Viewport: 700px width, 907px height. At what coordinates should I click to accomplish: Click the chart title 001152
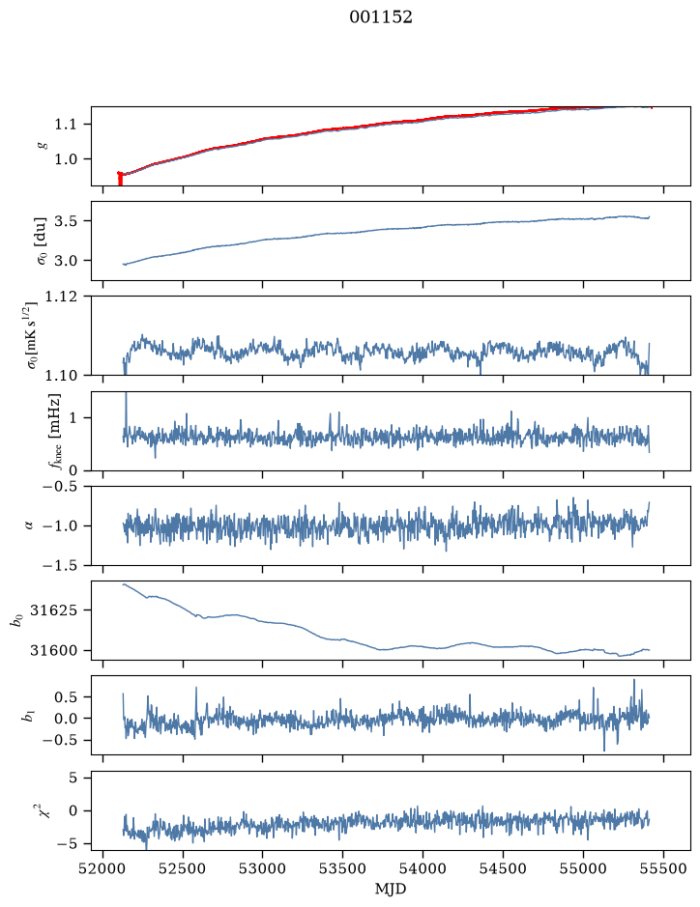pyautogui.click(x=380, y=17)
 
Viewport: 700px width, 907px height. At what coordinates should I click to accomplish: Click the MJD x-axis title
pyautogui.click(x=391, y=889)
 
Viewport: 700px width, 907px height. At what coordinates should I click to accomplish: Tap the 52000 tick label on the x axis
pyautogui.click(x=103, y=869)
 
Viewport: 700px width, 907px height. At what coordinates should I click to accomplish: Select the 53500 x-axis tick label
pyautogui.click(x=343, y=869)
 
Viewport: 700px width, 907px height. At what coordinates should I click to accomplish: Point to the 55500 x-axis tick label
pyautogui.click(x=663, y=869)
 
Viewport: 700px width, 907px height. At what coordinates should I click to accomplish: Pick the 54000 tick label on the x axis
pyautogui.click(x=423, y=869)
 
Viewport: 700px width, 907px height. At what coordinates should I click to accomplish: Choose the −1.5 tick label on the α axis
pyautogui.click(x=59, y=566)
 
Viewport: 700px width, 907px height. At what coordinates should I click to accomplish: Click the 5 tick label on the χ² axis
pyautogui.click(x=73, y=778)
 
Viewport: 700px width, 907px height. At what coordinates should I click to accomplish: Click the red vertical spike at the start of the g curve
pyautogui.click(x=120, y=178)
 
